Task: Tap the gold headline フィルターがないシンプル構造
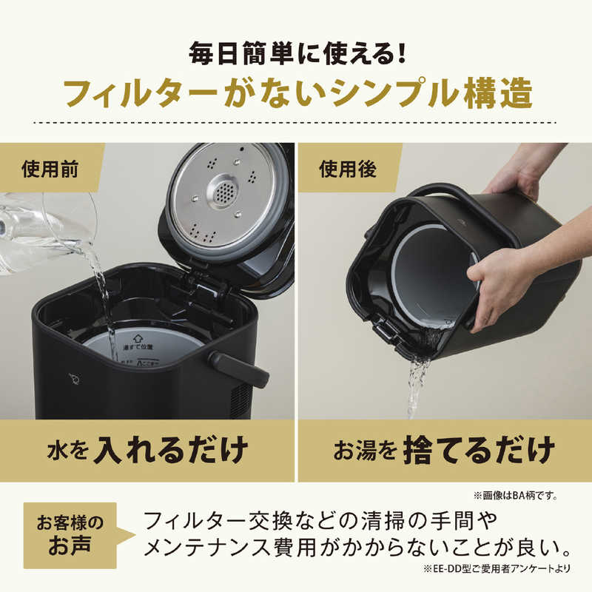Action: click(x=296, y=95)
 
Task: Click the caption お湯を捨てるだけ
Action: click(x=444, y=449)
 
